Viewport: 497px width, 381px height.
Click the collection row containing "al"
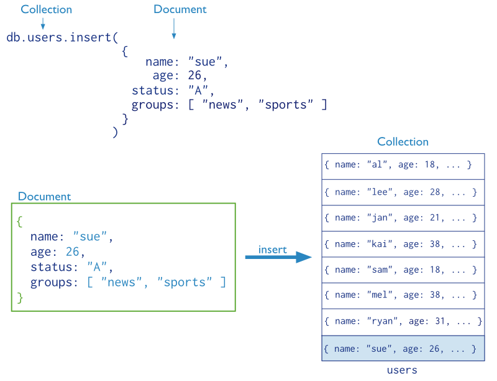click(403, 166)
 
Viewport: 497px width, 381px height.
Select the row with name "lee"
click(403, 192)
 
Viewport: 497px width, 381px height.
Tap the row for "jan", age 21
click(403, 218)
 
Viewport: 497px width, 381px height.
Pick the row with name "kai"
click(403, 244)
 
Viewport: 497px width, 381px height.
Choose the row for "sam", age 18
click(403, 270)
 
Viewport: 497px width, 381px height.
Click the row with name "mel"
click(403, 296)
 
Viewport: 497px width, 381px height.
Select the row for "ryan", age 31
click(403, 322)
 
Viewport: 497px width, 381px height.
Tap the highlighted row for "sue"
click(403, 349)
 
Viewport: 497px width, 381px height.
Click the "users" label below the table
click(402, 370)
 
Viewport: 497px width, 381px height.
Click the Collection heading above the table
click(403, 142)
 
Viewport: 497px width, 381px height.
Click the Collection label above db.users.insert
click(46, 10)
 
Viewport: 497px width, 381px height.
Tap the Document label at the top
click(180, 10)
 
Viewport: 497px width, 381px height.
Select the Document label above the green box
click(45, 197)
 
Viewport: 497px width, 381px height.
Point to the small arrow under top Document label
click(174, 29)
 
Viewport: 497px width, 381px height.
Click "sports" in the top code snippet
click(286, 105)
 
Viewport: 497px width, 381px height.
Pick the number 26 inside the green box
click(72, 252)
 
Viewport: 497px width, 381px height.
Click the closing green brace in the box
click(20, 298)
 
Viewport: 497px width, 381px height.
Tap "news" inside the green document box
click(122, 283)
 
